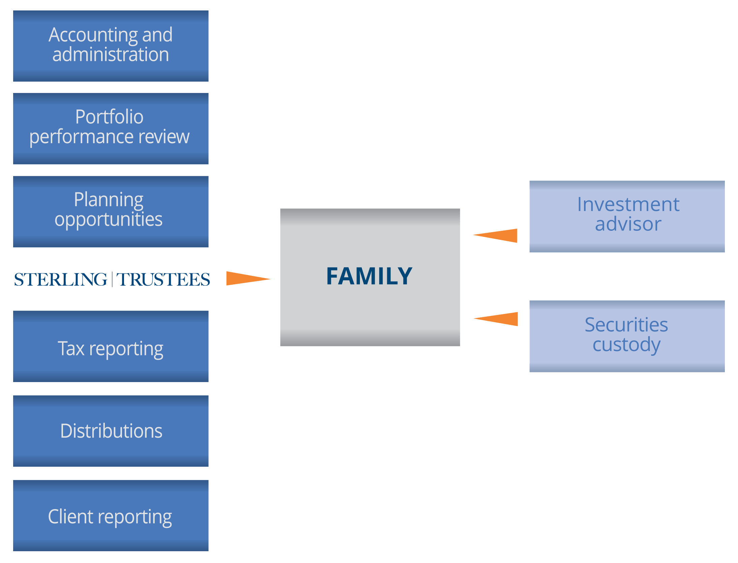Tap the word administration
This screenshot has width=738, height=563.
[111, 55]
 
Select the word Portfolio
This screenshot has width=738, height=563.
[110, 117]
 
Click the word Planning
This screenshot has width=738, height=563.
[109, 200]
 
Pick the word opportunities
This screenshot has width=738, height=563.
[109, 219]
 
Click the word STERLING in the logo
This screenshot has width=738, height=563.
[61, 280]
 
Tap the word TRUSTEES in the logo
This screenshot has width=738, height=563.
[163, 280]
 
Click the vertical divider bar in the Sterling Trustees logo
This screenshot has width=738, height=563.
[112, 280]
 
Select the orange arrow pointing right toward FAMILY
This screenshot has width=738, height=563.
[244, 278]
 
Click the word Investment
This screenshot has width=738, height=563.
[628, 204]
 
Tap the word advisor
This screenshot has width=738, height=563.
[628, 224]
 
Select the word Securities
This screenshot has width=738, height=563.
[626, 325]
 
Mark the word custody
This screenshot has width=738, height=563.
[626, 345]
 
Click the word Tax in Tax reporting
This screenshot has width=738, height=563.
[71, 349]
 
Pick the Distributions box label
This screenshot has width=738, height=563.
[111, 431]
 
